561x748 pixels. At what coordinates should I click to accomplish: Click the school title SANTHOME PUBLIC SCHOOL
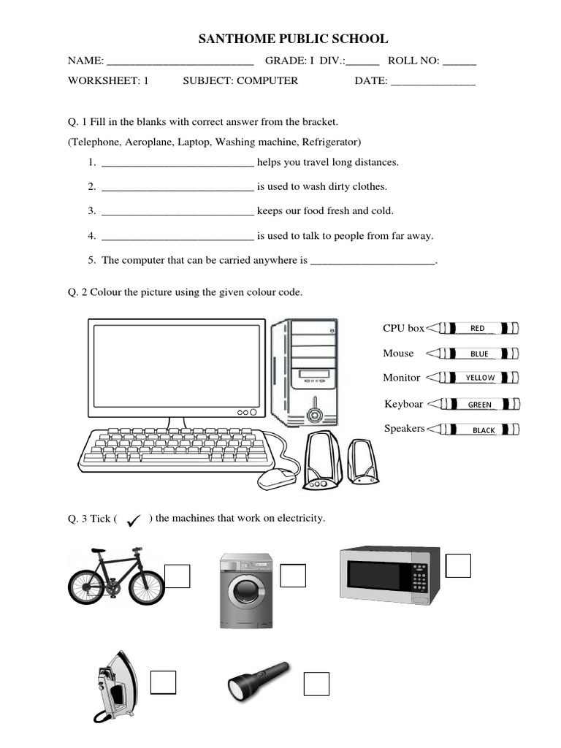(x=294, y=39)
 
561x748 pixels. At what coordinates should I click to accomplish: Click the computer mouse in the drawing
(x=277, y=479)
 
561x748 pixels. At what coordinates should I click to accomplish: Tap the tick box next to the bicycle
(x=178, y=576)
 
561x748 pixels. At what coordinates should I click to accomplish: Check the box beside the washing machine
(x=293, y=575)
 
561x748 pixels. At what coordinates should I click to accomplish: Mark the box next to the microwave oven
(x=458, y=565)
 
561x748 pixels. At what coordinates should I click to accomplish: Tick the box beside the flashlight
(x=316, y=684)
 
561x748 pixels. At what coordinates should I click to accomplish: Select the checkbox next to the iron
(x=163, y=682)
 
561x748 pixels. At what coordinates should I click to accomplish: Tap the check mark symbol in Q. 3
(x=134, y=519)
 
